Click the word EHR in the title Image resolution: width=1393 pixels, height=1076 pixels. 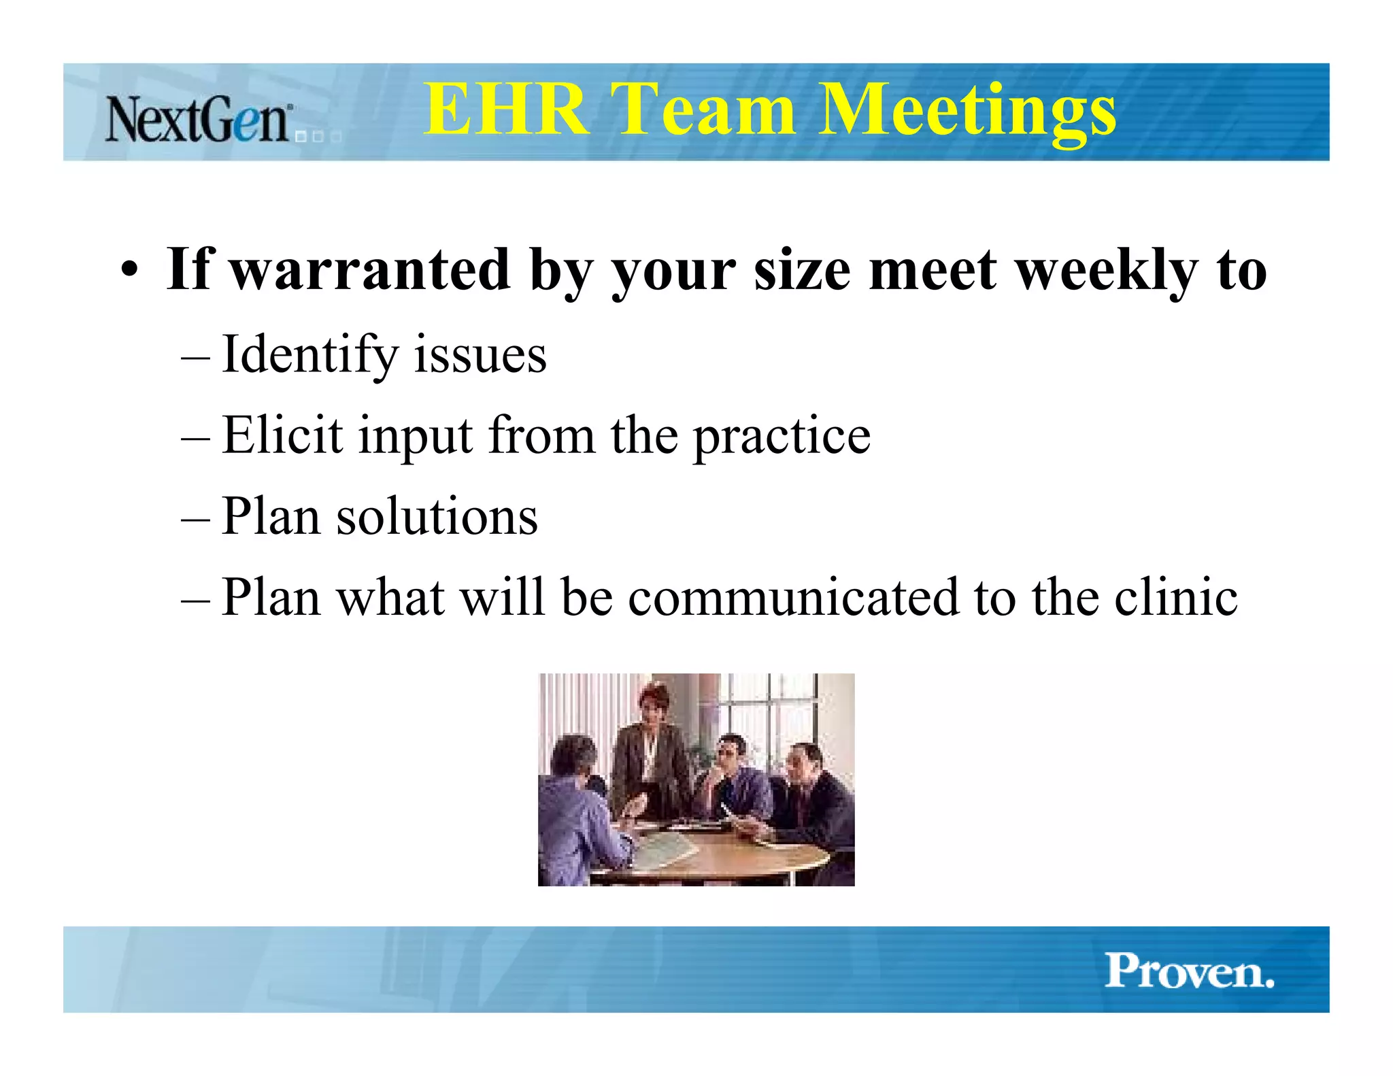pos(506,109)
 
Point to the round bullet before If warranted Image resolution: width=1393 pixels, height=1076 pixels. pos(130,271)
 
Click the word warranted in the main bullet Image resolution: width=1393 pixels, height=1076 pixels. pos(371,270)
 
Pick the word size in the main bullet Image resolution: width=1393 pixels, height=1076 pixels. pos(802,271)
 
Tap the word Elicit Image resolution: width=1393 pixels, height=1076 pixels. pos(282,435)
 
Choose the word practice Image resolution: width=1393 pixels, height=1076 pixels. pos(782,437)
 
